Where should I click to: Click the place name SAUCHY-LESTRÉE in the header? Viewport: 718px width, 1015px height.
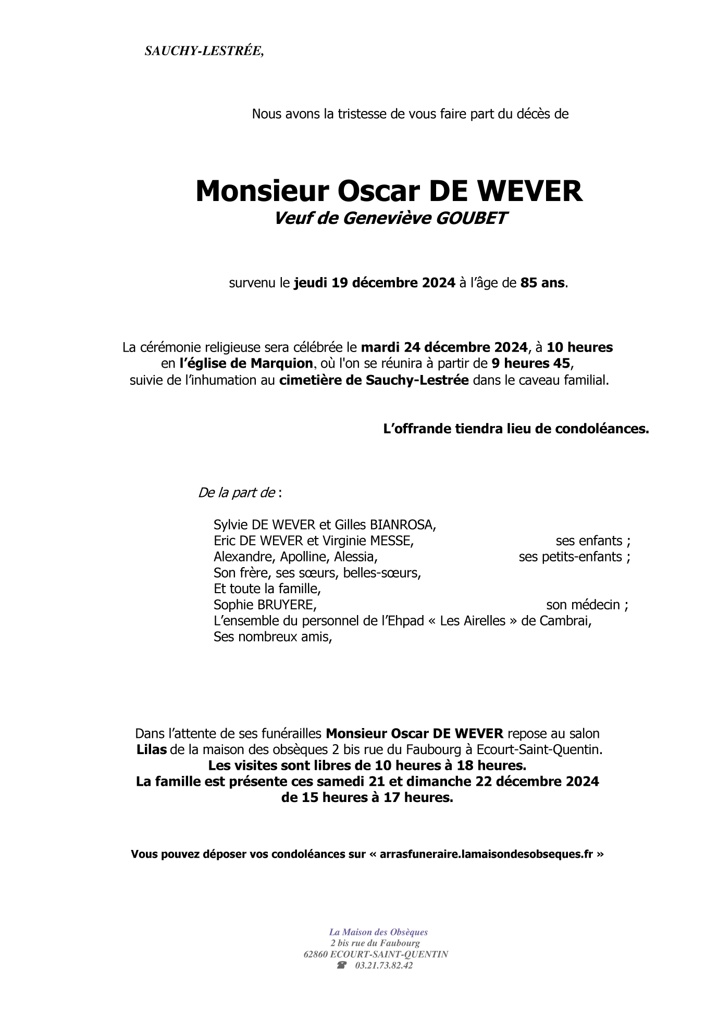pos(204,51)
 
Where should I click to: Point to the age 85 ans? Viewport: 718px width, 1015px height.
pos(542,283)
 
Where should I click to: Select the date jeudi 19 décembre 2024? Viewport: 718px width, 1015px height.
pos(375,283)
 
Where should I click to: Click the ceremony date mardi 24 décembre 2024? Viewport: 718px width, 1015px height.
pos(444,347)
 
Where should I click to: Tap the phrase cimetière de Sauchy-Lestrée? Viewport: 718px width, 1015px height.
pos(374,380)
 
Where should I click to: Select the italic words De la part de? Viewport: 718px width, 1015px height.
pos(237,493)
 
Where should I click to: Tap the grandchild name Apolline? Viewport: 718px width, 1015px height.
pos(303,557)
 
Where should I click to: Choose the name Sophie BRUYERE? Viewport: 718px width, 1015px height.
pos(265,605)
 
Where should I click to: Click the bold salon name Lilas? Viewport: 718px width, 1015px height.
pos(152,750)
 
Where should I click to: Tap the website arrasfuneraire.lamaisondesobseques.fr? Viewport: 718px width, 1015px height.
pos(486,854)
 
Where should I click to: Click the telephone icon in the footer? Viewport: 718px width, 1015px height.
pos(342,965)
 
